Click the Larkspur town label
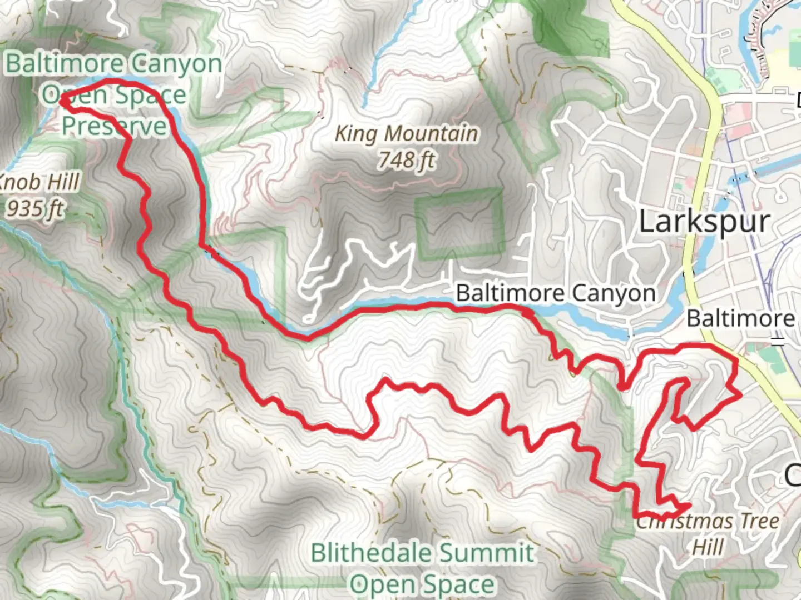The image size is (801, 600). (x=704, y=222)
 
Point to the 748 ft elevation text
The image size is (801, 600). (x=407, y=161)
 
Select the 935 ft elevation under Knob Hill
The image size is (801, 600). (x=35, y=209)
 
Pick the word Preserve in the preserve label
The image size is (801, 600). (x=114, y=126)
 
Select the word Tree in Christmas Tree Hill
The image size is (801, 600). (x=759, y=522)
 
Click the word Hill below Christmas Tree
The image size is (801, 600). (x=708, y=547)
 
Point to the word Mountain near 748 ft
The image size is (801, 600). (x=431, y=134)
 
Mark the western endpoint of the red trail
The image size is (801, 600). (x=62, y=100)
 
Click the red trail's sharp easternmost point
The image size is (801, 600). (x=740, y=396)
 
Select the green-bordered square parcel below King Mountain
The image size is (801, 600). (x=460, y=224)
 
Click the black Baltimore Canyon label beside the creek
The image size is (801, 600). (x=555, y=293)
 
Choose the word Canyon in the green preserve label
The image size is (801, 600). (x=176, y=64)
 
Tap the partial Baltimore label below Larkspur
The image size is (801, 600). (x=740, y=319)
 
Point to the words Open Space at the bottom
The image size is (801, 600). (x=422, y=584)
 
